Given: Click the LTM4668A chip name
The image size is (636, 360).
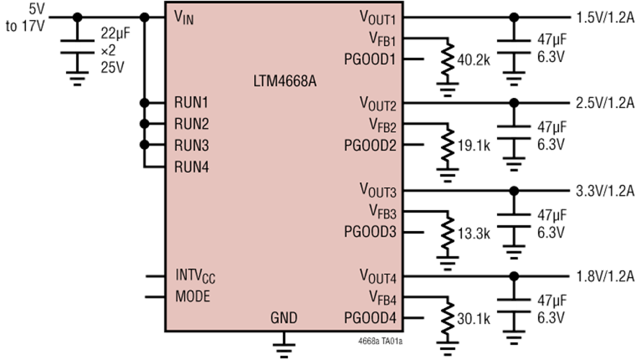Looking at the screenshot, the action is (285, 81).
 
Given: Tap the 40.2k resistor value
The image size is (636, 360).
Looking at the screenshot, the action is (473, 60).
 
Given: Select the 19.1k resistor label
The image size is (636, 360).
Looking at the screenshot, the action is (473, 145).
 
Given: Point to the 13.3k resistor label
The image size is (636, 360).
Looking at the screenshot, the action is (473, 233).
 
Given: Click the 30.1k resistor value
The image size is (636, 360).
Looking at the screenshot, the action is (473, 319).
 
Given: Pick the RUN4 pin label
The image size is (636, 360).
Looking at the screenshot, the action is (191, 167).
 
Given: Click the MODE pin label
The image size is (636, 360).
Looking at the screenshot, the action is (193, 296).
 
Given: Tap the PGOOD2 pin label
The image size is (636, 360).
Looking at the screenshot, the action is (370, 145).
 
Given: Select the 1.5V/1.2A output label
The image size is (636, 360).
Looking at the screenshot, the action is (605, 18).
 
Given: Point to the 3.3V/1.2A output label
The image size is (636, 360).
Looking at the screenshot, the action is (605, 191).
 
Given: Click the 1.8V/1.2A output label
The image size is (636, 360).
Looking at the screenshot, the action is (605, 276).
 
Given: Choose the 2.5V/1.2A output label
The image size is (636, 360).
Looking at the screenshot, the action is (605, 103).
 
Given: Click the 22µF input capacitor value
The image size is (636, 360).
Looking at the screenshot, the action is (116, 34).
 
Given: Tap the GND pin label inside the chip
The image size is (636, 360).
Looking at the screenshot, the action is (284, 318).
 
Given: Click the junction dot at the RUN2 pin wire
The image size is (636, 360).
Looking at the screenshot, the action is (144, 124).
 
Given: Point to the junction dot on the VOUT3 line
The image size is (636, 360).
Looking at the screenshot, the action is (514, 191).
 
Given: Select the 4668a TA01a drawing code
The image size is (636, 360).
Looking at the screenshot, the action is (381, 341).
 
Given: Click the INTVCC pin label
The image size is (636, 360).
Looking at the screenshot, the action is (195, 276).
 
